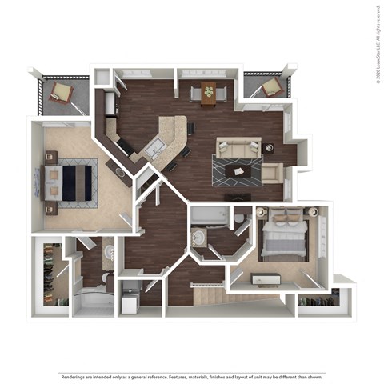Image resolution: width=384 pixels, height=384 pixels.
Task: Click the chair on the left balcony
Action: point(61,92)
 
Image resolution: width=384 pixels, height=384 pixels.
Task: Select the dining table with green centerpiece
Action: point(208,93)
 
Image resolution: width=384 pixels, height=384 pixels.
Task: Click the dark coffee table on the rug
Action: point(238,170)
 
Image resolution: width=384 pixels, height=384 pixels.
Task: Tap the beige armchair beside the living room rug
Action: point(271,171)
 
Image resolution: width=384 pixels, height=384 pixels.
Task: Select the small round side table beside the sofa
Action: point(268,147)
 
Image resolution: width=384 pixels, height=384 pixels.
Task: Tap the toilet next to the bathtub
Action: point(240,218)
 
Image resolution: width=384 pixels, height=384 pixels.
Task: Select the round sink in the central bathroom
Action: point(197,238)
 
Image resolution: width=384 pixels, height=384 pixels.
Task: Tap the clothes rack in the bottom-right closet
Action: point(318,302)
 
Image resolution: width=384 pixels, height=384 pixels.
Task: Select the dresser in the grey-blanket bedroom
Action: point(264,279)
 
